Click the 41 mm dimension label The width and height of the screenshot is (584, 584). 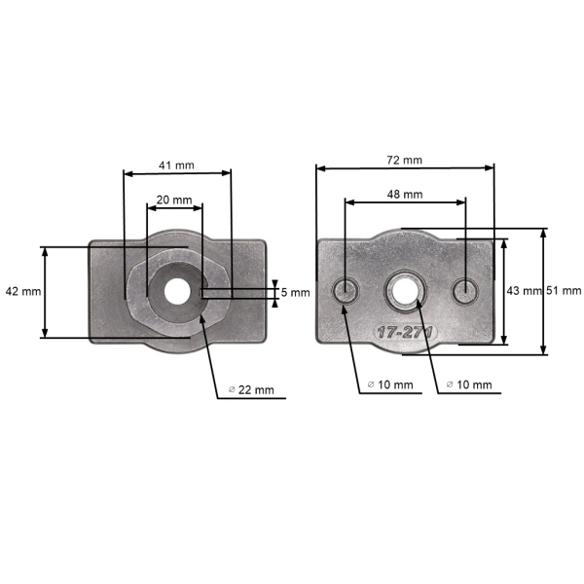pyautogui.click(x=177, y=165)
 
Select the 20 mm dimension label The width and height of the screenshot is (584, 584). pyautogui.click(x=174, y=199)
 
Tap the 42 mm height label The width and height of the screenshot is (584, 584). pyautogui.click(x=22, y=291)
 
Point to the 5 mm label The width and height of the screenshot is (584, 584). pyautogui.click(x=295, y=292)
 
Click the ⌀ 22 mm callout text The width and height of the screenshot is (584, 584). pyautogui.click(x=251, y=389)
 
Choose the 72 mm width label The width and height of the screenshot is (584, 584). pyautogui.click(x=404, y=160)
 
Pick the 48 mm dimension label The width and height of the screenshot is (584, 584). pyautogui.click(x=405, y=194)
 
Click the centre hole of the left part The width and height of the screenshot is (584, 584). pyautogui.click(x=176, y=290)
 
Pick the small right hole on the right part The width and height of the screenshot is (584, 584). pyautogui.click(x=466, y=289)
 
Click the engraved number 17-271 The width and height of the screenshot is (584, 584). pyautogui.click(x=408, y=332)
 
